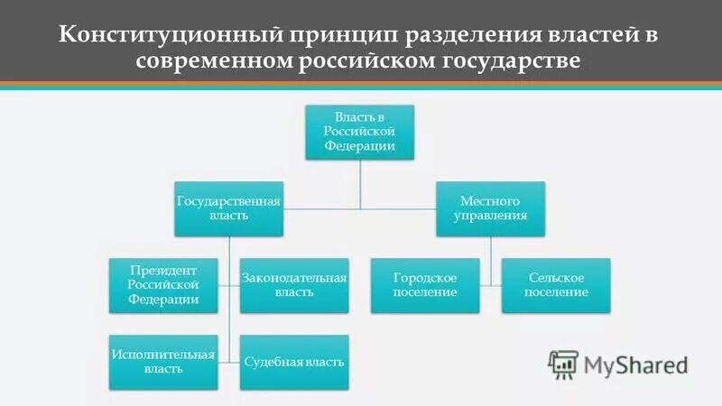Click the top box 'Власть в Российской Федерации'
pyautogui.click(x=358, y=133)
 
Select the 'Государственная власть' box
pyautogui.click(x=228, y=208)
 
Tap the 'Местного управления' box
pyautogui.click(x=490, y=208)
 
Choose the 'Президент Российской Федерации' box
pyautogui.click(x=163, y=284)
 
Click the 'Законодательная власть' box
pyautogui.click(x=294, y=284)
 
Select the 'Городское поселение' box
pyautogui.click(x=425, y=284)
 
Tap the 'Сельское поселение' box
pyautogui.click(x=556, y=284)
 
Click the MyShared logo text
pyautogui.click(x=635, y=364)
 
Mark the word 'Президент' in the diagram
pyautogui.click(x=162, y=269)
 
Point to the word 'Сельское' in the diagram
pyautogui.click(x=556, y=277)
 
